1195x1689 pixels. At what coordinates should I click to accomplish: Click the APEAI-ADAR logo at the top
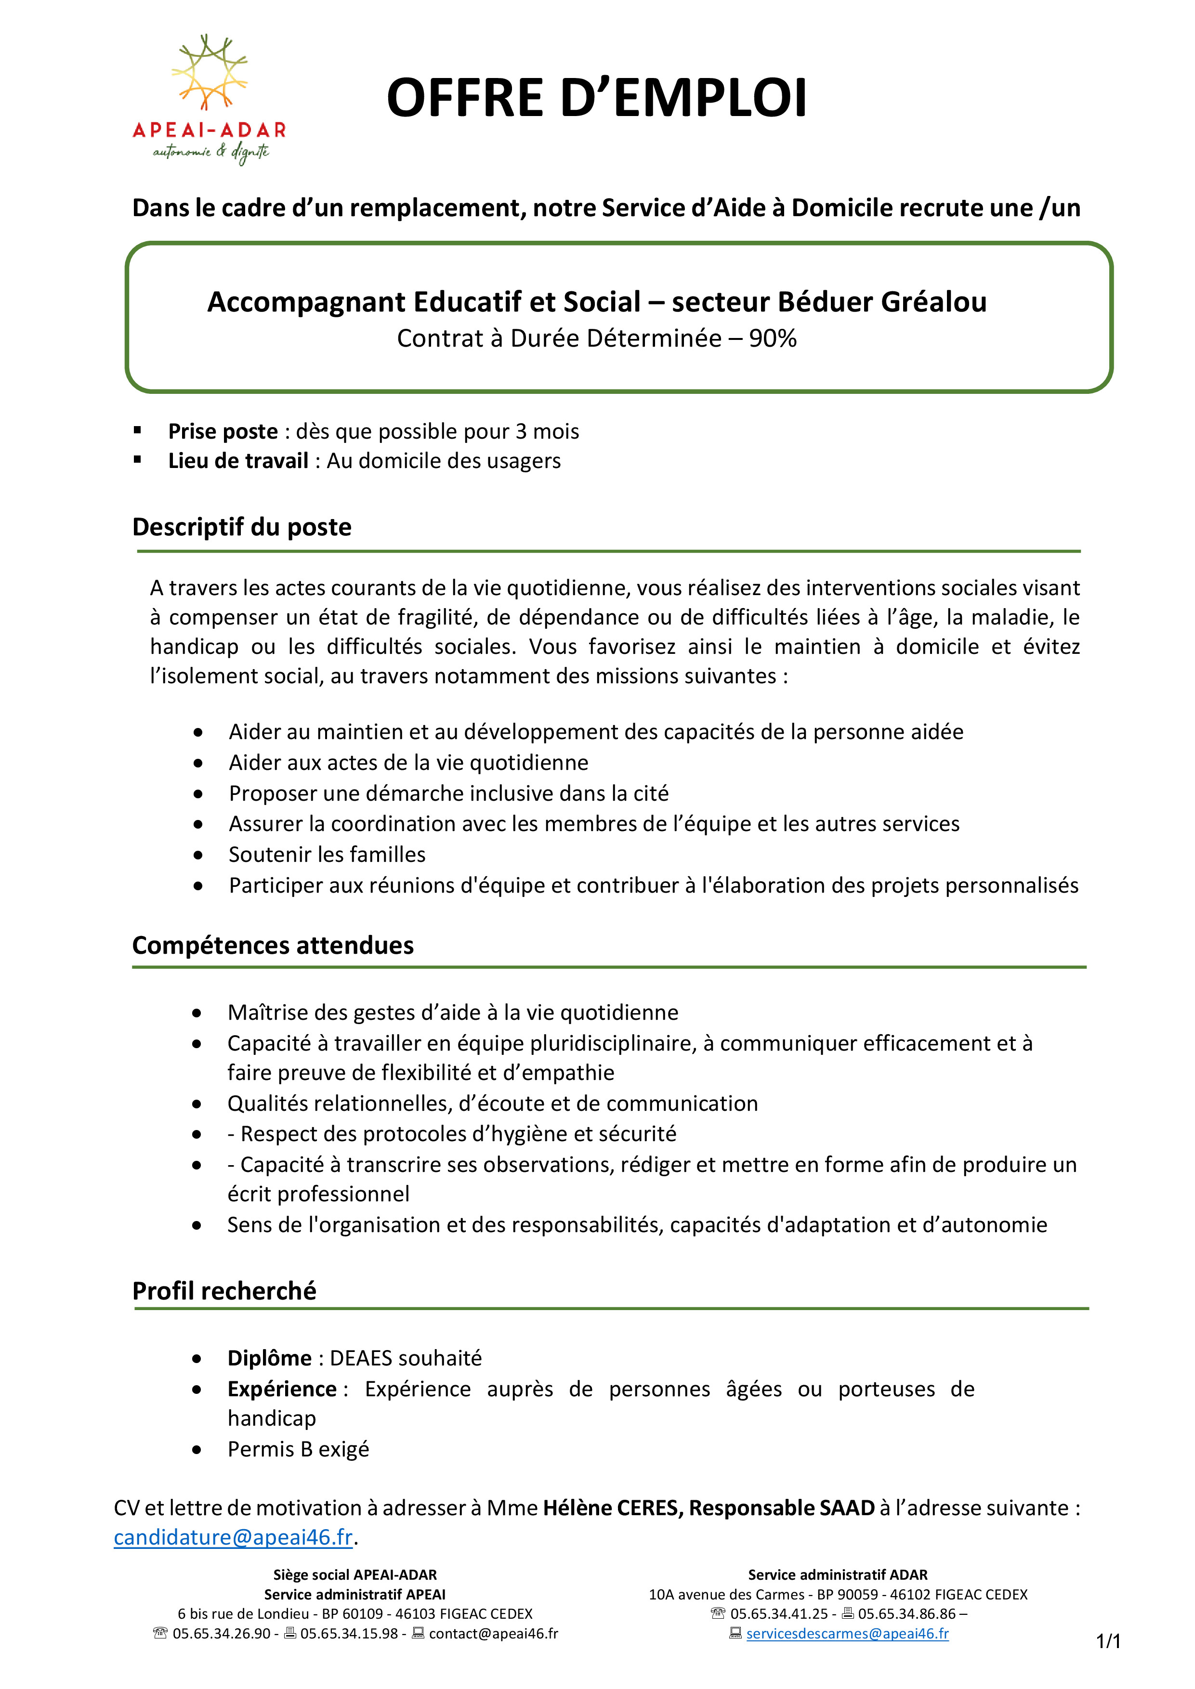pyautogui.click(x=209, y=99)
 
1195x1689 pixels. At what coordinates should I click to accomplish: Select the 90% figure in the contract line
pyautogui.click(x=773, y=338)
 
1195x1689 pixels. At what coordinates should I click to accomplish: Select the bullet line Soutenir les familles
pyautogui.click(x=327, y=854)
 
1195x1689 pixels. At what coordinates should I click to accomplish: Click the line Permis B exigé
pyautogui.click(x=298, y=1449)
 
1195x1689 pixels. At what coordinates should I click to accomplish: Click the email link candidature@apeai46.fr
pyautogui.click(x=233, y=1537)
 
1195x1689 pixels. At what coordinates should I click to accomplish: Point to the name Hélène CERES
pyautogui.click(x=612, y=1508)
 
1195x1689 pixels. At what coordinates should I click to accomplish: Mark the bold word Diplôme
pyautogui.click(x=269, y=1358)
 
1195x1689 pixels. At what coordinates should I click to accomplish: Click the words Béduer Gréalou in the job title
pyautogui.click(x=881, y=302)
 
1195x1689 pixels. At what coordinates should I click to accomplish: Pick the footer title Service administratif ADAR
pyautogui.click(x=838, y=1575)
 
